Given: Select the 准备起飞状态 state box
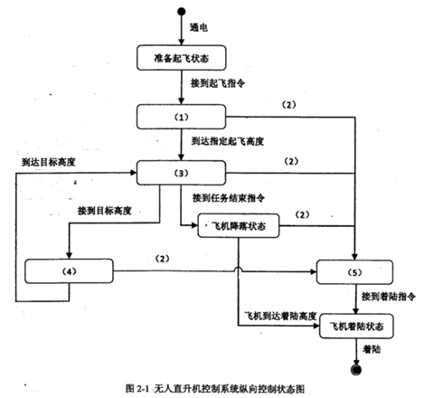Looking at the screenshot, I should [x=181, y=57].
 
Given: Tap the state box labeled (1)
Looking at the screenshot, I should [x=181, y=116].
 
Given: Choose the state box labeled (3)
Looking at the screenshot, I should [x=181, y=173].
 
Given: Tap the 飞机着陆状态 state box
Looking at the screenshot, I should [x=356, y=326].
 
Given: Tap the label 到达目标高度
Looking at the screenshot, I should [x=47, y=160].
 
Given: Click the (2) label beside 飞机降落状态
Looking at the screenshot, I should [x=302, y=215].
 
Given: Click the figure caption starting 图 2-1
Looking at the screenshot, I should [x=212, y=387].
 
